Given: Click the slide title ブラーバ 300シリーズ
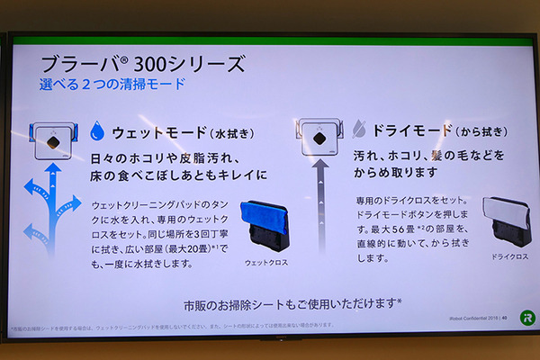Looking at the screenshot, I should click(x=142, y=64).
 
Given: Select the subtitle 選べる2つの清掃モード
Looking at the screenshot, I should click(x=112, y=85).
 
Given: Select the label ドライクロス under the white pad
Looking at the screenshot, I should click(x=500, y=257).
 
